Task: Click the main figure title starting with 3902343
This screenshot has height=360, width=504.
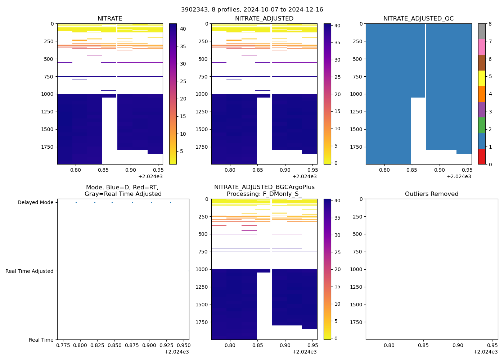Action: [252, 10]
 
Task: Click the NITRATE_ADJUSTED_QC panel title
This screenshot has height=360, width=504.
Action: [418, 19]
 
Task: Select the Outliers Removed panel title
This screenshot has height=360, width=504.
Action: [432, 194]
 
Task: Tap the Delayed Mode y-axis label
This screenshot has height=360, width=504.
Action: [35, 203]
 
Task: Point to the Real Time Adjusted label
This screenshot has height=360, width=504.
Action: [29, 271]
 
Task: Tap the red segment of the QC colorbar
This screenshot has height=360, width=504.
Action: [482, 157]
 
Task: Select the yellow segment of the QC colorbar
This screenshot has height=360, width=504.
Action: [482, 78]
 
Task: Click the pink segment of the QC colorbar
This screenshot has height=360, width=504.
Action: [482, 47]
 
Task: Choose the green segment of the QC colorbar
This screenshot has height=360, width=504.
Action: [482, 125]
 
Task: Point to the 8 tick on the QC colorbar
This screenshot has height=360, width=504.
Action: [490, 24]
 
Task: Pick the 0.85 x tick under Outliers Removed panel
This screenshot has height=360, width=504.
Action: [423, 345]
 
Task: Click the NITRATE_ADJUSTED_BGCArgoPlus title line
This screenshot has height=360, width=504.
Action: [264, 187]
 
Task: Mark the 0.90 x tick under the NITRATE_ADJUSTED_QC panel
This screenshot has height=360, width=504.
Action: [439, 170]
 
